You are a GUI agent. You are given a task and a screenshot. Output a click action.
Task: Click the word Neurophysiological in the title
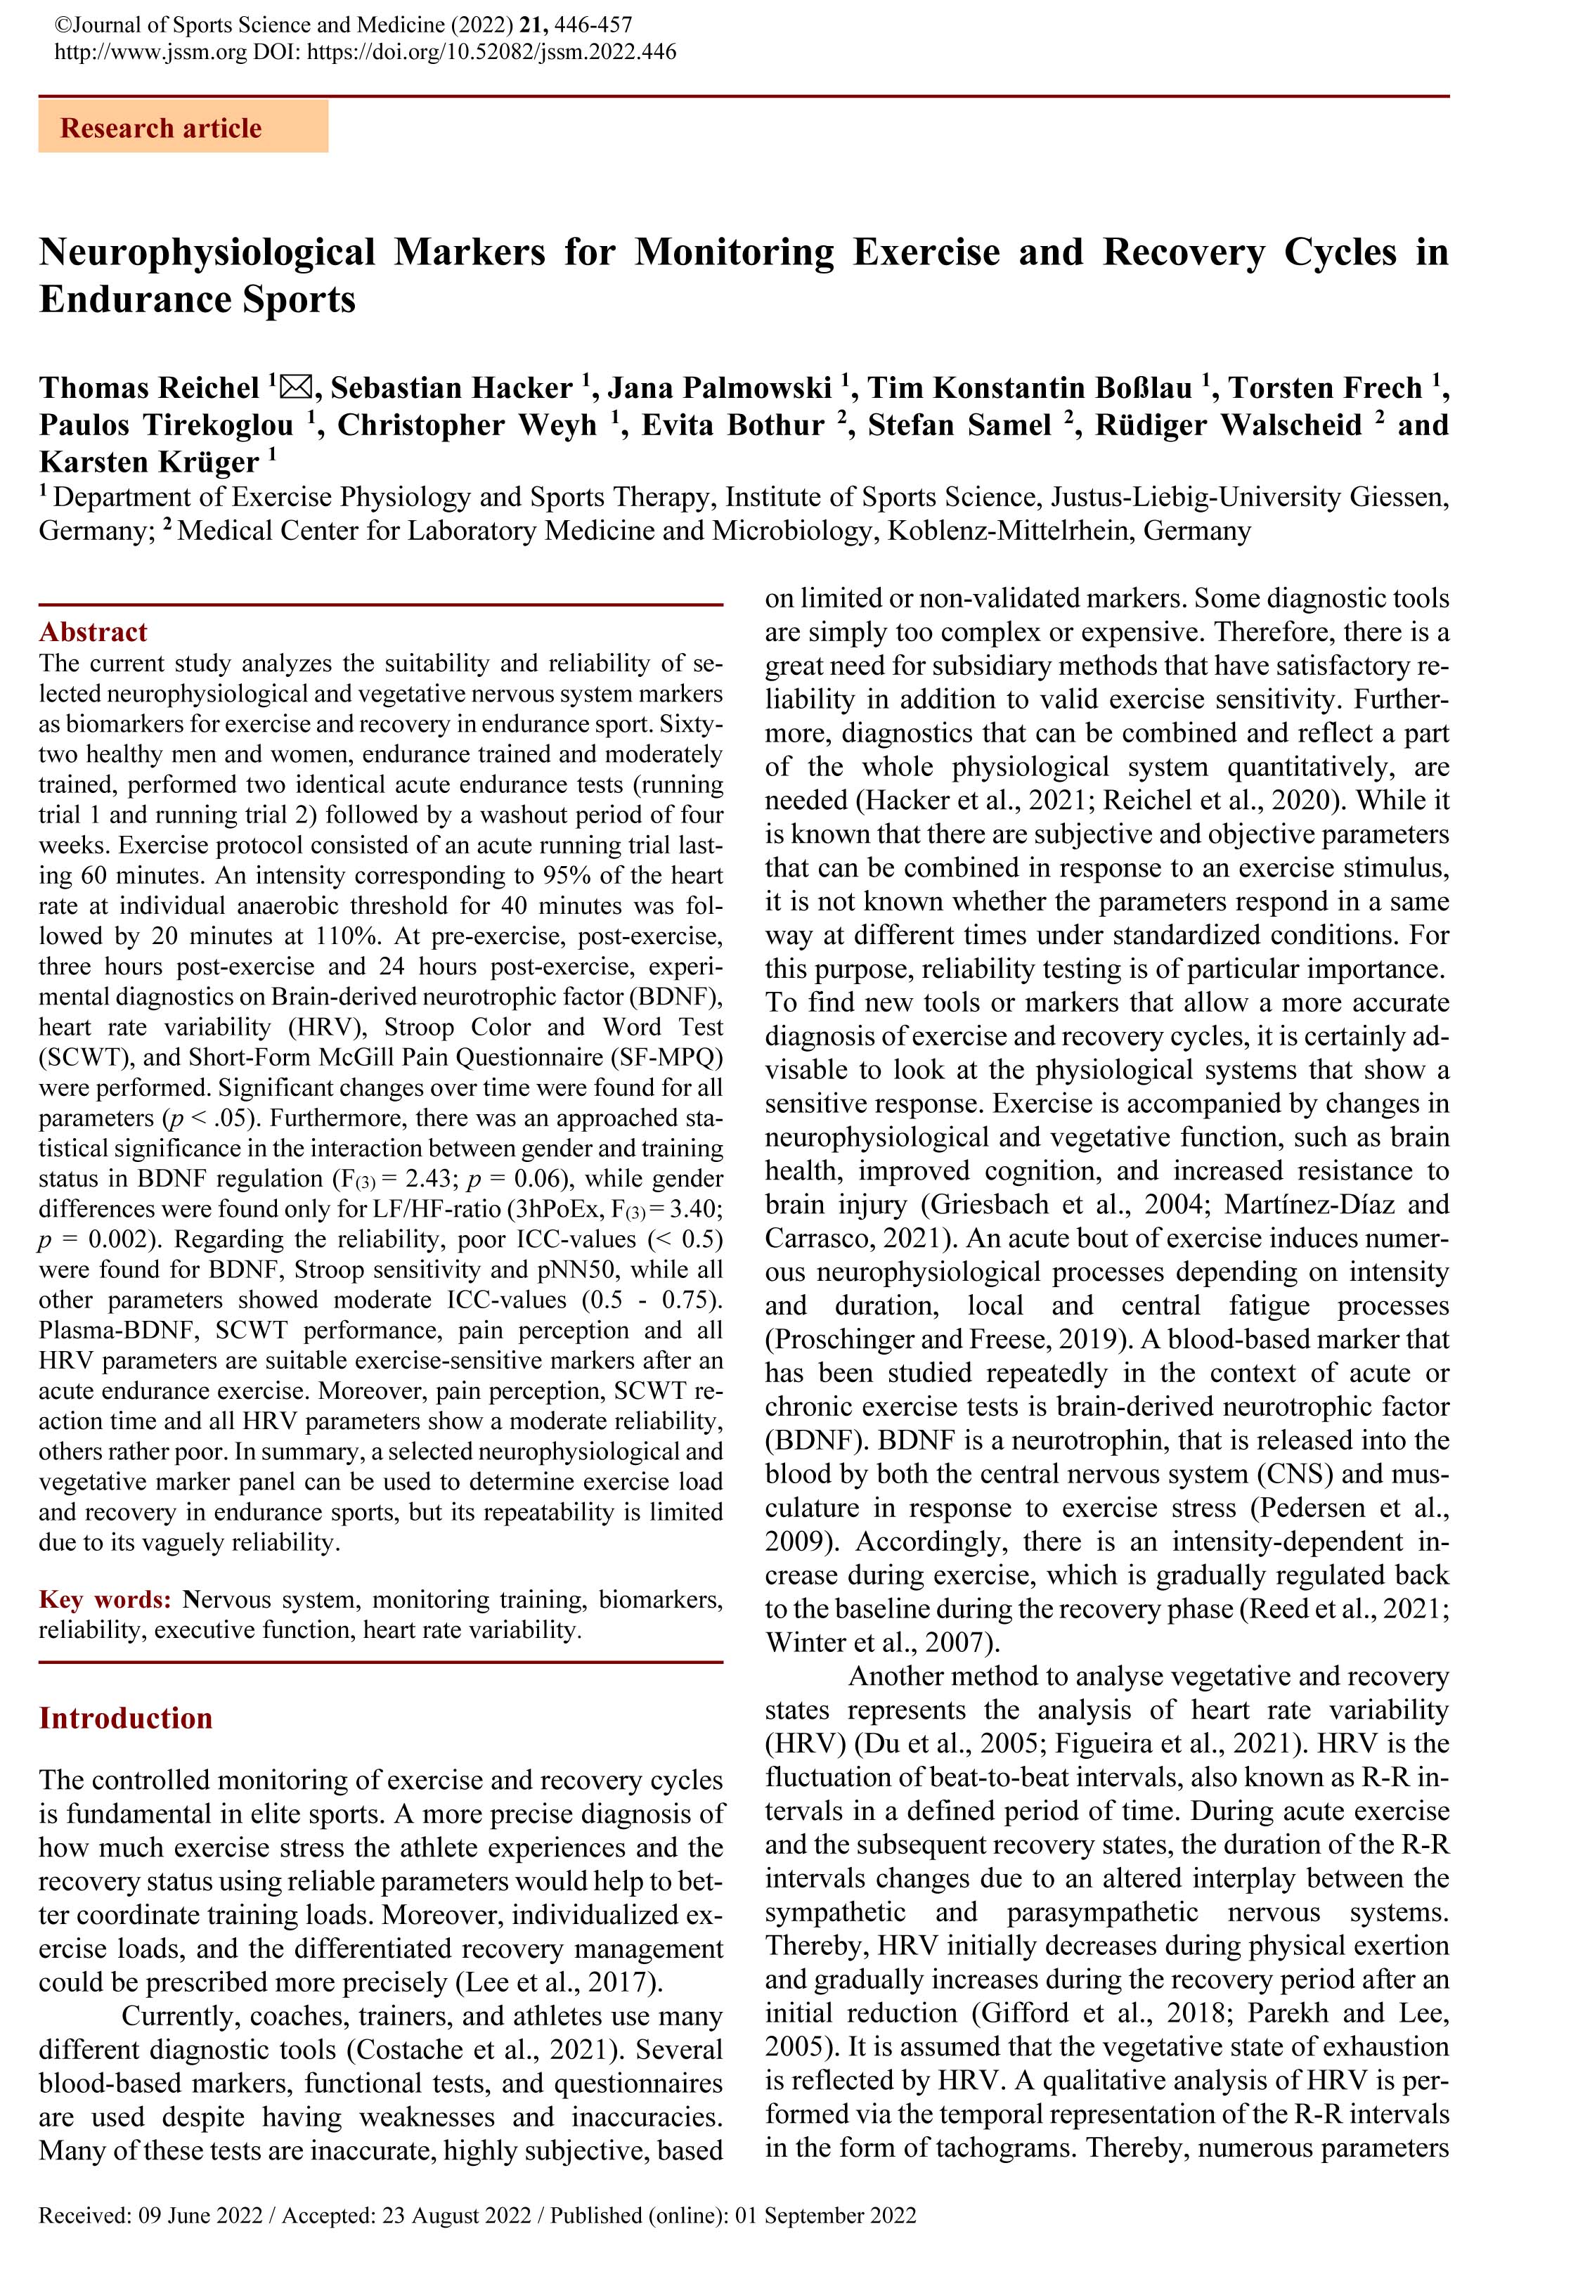[x=207, y=252]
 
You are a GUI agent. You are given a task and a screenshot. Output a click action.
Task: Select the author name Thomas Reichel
[x=149, y=387]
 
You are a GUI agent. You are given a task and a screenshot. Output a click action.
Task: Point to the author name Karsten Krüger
[x=149, y=462]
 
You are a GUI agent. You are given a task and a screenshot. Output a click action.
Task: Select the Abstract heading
[x=93, y=632]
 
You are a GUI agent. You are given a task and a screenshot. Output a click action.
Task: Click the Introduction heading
[x=126, y=1717]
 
